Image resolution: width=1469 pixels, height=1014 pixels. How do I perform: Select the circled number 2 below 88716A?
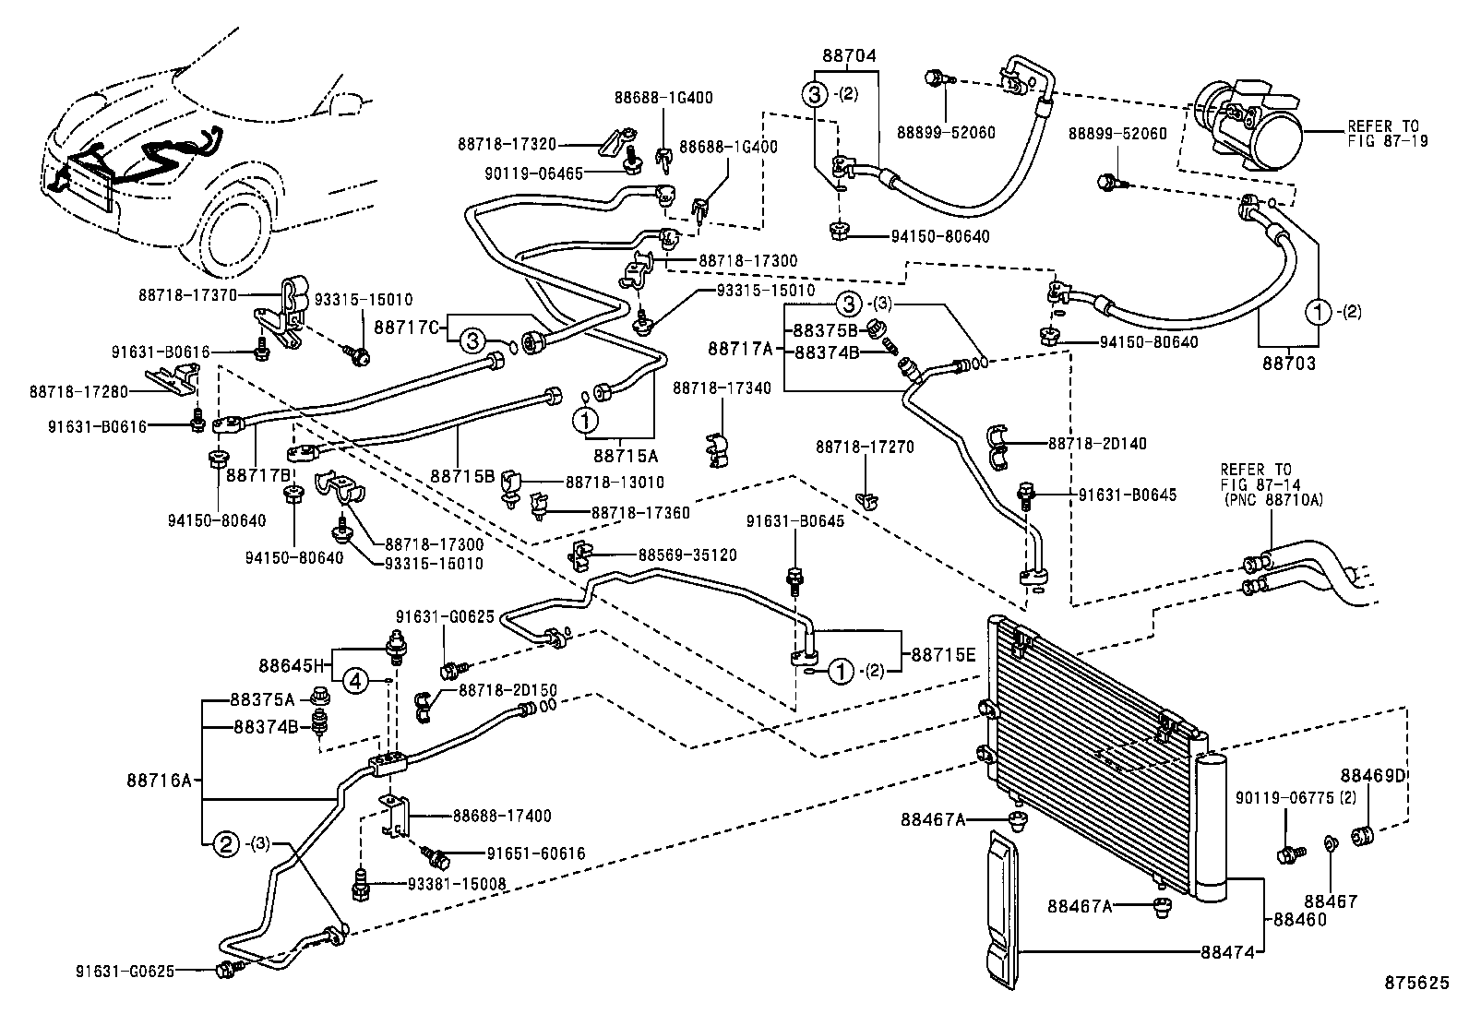coord(226,843)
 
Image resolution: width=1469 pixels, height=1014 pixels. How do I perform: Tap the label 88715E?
coord(942,654)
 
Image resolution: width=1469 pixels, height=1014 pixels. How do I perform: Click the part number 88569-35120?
coord(687,555)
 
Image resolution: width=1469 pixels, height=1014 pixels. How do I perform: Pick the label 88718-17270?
coord(865,447)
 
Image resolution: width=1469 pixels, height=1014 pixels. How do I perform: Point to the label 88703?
coord(1289,364)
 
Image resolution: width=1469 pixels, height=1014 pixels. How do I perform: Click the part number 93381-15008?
coord(457,884)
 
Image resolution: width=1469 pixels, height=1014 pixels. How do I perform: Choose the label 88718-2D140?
coord(1097,444)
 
